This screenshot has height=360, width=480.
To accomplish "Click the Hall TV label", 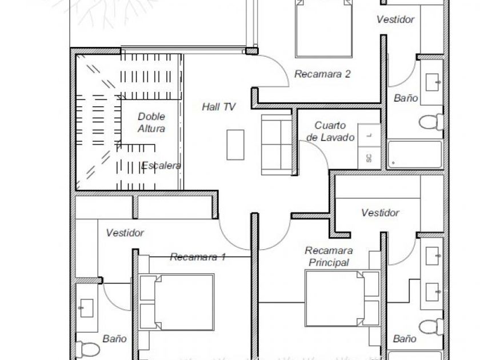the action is point(218,107).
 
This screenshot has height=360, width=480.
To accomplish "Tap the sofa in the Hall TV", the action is point(277,145).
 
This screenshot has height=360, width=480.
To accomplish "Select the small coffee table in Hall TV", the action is point(235,145).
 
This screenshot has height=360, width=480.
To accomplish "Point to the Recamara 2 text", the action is point(322,74).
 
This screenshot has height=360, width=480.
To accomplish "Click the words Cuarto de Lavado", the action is point(330,131).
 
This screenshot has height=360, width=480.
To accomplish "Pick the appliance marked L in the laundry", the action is point(369,135).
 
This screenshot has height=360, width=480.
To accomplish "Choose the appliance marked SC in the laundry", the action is point(369,158).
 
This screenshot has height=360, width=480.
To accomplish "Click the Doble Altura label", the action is point(151,122).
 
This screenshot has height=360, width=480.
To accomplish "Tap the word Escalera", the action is point(161,166).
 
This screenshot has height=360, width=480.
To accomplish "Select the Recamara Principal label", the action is point(329,257).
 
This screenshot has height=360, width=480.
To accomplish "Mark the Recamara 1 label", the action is point(198,257).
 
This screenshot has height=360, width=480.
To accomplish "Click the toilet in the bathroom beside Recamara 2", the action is point(431,122).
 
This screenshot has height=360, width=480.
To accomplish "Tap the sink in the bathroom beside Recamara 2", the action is point(432,82).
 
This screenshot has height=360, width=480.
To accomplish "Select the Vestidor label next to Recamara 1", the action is point(125,233).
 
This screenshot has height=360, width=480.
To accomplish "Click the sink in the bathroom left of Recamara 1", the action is point(86,308).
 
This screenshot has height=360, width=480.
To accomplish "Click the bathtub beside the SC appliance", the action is point(415,154).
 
